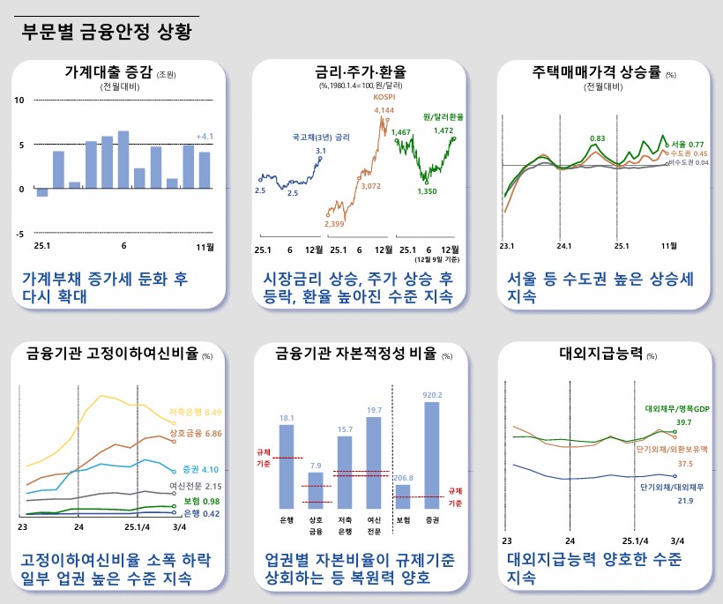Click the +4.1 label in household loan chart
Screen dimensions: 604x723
tap(205, 137)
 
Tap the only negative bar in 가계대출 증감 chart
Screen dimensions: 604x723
tap(42, 192)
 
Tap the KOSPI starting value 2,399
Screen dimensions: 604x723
tap(334, 224)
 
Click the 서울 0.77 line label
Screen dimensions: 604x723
tap(687, 144)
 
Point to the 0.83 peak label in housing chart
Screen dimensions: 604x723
tap(597, 138)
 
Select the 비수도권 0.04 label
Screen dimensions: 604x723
tap(688, 162)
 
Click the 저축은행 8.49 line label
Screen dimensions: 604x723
tap(201, 412)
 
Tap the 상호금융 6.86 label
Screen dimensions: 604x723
tap(201, 434)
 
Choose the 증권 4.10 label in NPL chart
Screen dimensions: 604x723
tap(201, 469)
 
